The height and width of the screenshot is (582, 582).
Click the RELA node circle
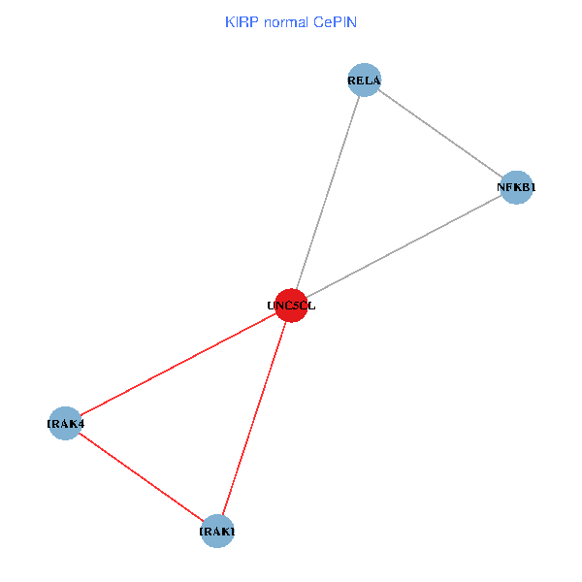point(364,81)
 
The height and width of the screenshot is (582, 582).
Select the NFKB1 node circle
point(517,187)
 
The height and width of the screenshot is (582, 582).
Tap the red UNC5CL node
point(291,306)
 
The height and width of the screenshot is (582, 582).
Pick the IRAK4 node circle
point(65,423)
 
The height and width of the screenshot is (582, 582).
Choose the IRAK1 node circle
point(217,532)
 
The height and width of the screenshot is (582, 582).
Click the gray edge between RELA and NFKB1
point(440,134)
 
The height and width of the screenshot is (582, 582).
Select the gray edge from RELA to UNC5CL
point(328,193)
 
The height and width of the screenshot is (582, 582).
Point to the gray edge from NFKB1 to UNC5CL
point(404,246)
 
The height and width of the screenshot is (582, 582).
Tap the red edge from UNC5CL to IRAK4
point(178,364)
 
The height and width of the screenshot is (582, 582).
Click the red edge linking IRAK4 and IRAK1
point(142,477)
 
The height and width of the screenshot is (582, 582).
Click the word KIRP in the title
point(242,21)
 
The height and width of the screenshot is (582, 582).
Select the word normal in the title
point(288,21)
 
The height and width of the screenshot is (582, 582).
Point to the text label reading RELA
point(364,81)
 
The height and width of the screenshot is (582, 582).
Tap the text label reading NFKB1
point(517,187)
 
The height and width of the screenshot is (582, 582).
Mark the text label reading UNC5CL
point(291,306)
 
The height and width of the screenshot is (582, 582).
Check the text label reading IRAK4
point(65,423)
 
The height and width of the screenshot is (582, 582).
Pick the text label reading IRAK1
point(217,532)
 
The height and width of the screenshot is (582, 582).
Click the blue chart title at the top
point(290,21)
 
